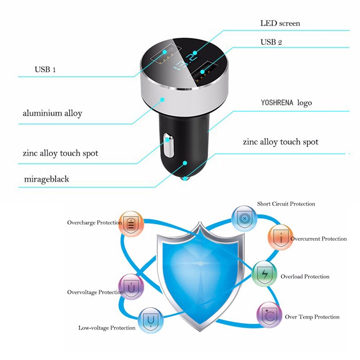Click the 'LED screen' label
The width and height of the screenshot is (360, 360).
pos(280,23)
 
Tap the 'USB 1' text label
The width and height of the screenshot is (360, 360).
pos(45,70)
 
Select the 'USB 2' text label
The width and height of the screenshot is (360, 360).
pos(271,42)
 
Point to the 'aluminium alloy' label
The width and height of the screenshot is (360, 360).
pos(52,113)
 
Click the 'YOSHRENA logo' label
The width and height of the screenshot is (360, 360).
pos(286,103)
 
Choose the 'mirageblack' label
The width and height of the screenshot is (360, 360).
pos(46,179)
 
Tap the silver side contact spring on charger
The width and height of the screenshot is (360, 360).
pos(169,145)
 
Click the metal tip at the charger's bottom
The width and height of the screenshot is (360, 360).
pos(185,179)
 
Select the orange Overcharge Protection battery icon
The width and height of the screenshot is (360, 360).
pos(131,224)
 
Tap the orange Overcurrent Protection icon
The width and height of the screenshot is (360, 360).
pos(280,238)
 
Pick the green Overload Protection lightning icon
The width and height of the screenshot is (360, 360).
pos(264,273)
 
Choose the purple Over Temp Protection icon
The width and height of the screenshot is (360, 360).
pos(269,315)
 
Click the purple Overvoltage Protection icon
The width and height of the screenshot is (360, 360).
pos(131,287)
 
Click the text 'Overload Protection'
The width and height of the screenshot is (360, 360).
pos(305,276)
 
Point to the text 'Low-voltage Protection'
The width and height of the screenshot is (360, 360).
pos(107,328)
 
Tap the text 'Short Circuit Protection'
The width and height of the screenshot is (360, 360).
pos(286,204)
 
